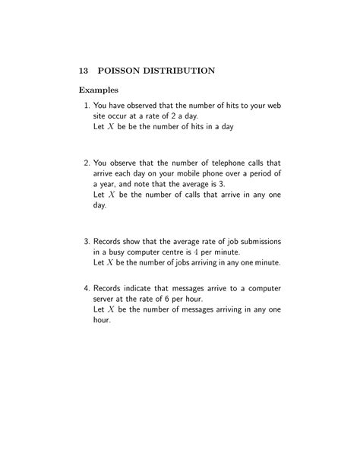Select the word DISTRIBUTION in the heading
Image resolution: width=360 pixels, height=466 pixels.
coord(182,71)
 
